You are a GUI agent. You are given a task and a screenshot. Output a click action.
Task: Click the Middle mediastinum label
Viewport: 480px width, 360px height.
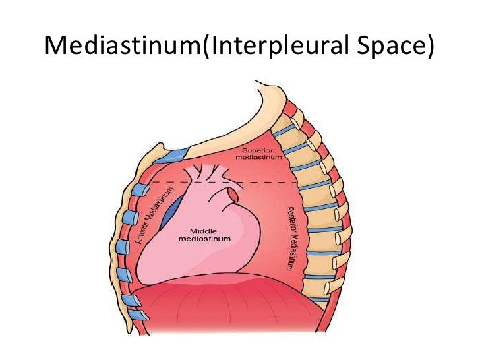[204, 234]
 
